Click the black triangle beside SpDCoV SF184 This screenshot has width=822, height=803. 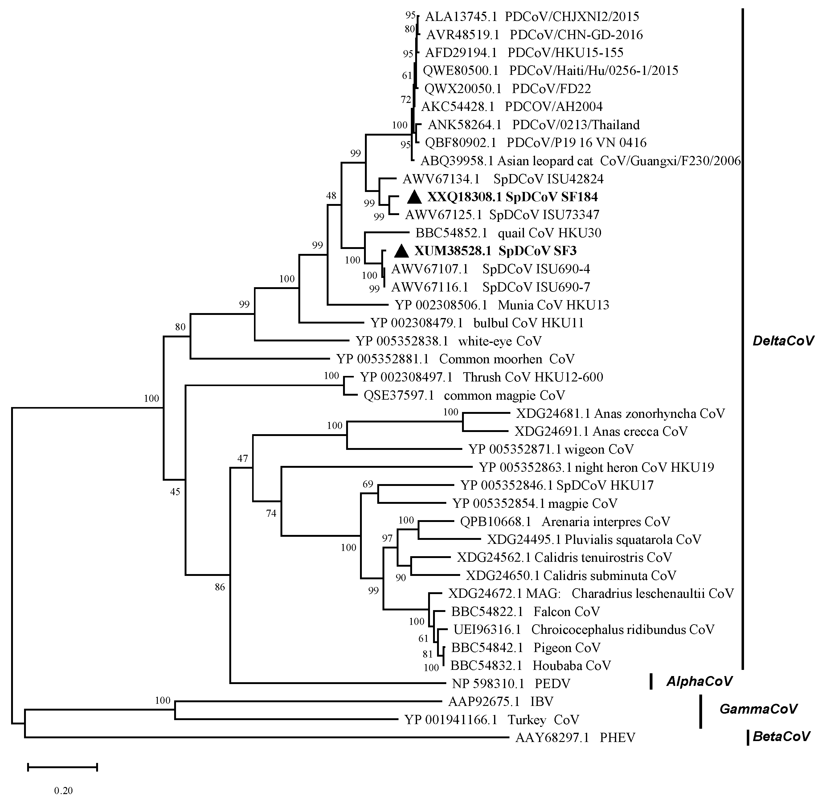point(414,197)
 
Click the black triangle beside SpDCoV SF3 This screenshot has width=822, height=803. point(401,251)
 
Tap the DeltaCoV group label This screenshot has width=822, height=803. point(783,341)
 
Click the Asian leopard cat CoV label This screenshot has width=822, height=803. point(580,161)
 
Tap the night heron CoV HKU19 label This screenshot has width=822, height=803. point(596,467)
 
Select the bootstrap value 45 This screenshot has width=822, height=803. point(175,491)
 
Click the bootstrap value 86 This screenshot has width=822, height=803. point(220,587)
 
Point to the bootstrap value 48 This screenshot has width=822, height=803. point(331,196)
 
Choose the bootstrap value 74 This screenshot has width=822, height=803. point(271,513)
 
